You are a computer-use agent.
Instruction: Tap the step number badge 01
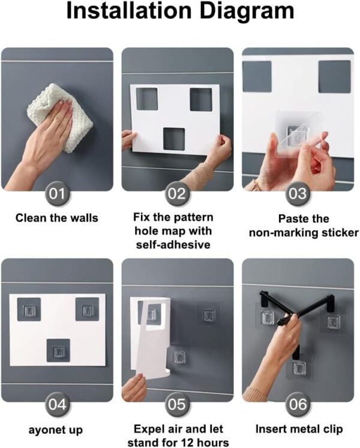57,194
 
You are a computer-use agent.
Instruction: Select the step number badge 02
177,194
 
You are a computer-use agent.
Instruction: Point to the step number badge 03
298,194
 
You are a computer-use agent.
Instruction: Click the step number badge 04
57,405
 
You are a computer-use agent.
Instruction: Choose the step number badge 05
177,405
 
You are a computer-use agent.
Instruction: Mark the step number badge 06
298,405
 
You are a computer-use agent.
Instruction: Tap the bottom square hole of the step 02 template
174,139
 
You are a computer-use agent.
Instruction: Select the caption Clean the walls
57,218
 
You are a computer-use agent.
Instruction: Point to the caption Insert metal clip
299,429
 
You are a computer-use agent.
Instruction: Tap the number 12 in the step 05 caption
188,443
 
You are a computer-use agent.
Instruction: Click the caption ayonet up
56,430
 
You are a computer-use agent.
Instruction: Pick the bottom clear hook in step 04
58,351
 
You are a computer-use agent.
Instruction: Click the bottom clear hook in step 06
299,368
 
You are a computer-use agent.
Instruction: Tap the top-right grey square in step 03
334,76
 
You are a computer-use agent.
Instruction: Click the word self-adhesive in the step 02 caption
173,245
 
